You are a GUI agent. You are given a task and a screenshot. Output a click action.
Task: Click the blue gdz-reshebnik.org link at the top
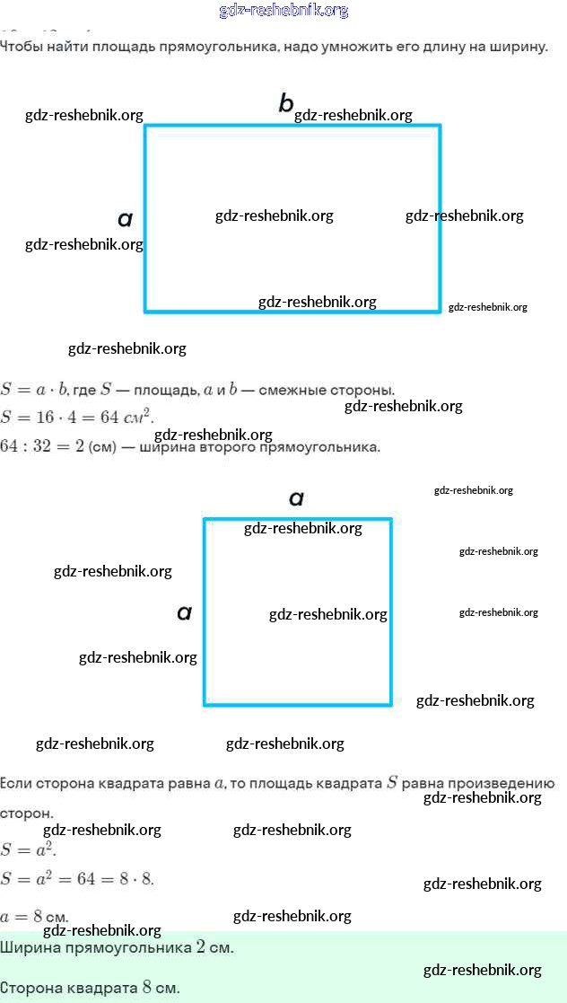pyautogui.click(x=283, y=11)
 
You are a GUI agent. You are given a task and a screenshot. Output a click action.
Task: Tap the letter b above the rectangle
pyautogui.click(x=286, y=104)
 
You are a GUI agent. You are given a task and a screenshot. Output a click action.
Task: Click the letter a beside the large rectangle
pyautogui.click(x=126, y=219)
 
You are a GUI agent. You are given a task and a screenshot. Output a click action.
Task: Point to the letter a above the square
pyautogui.click(x=296, y=498)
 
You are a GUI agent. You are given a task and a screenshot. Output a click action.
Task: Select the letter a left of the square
pyautogui.click(x=185, y=613)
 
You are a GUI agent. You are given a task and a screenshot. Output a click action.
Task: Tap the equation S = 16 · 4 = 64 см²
pyautogui.click(x=77, y=418)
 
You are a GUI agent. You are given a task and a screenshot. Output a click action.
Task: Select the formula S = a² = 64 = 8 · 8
pyautogui.click(x=77, y=878)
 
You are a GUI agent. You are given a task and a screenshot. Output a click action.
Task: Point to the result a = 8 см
pyautogui.click(x=34, y=918)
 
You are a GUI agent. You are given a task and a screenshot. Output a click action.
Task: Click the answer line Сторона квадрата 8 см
pyautogui.click(x=90, y=988)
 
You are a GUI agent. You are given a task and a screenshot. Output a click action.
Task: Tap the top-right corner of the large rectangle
pyautogui.click(x=440, y=126)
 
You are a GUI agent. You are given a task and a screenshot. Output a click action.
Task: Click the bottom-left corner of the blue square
pyautogui.click(x=205, y=704)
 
